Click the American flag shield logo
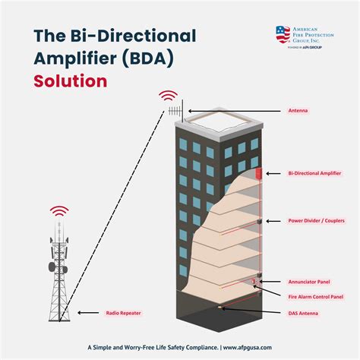(x=283, y=34)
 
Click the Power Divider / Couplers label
(x=318, y=221)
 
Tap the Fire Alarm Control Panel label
(x=316, y=296)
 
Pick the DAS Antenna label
(x=304, y=313)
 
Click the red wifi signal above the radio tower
(x=59, y=210)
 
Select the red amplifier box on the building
(x=261, y=174)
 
